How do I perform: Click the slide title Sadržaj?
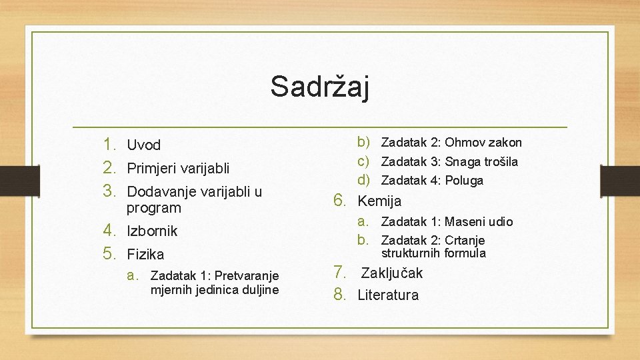(x=319, y=87)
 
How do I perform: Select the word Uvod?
(x=144, y=145)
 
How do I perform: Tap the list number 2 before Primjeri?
(x=109, y=168)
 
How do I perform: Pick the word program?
(x=154, y=209)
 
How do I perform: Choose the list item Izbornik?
(x=152, y=231)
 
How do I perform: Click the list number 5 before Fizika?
(x=109, y=253)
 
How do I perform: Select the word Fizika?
(x=145, y=254)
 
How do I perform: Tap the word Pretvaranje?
(x=247, y=276)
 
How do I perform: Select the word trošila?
(x=501, y=161)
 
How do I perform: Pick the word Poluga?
(x=464, y=181)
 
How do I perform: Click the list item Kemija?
(x=379, y=201)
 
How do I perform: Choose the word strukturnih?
(x=411, y=253)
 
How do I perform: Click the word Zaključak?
(x=392, y=273)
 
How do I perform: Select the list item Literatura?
(x=388, y=295)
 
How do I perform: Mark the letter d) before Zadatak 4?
(x=363, y=179)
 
